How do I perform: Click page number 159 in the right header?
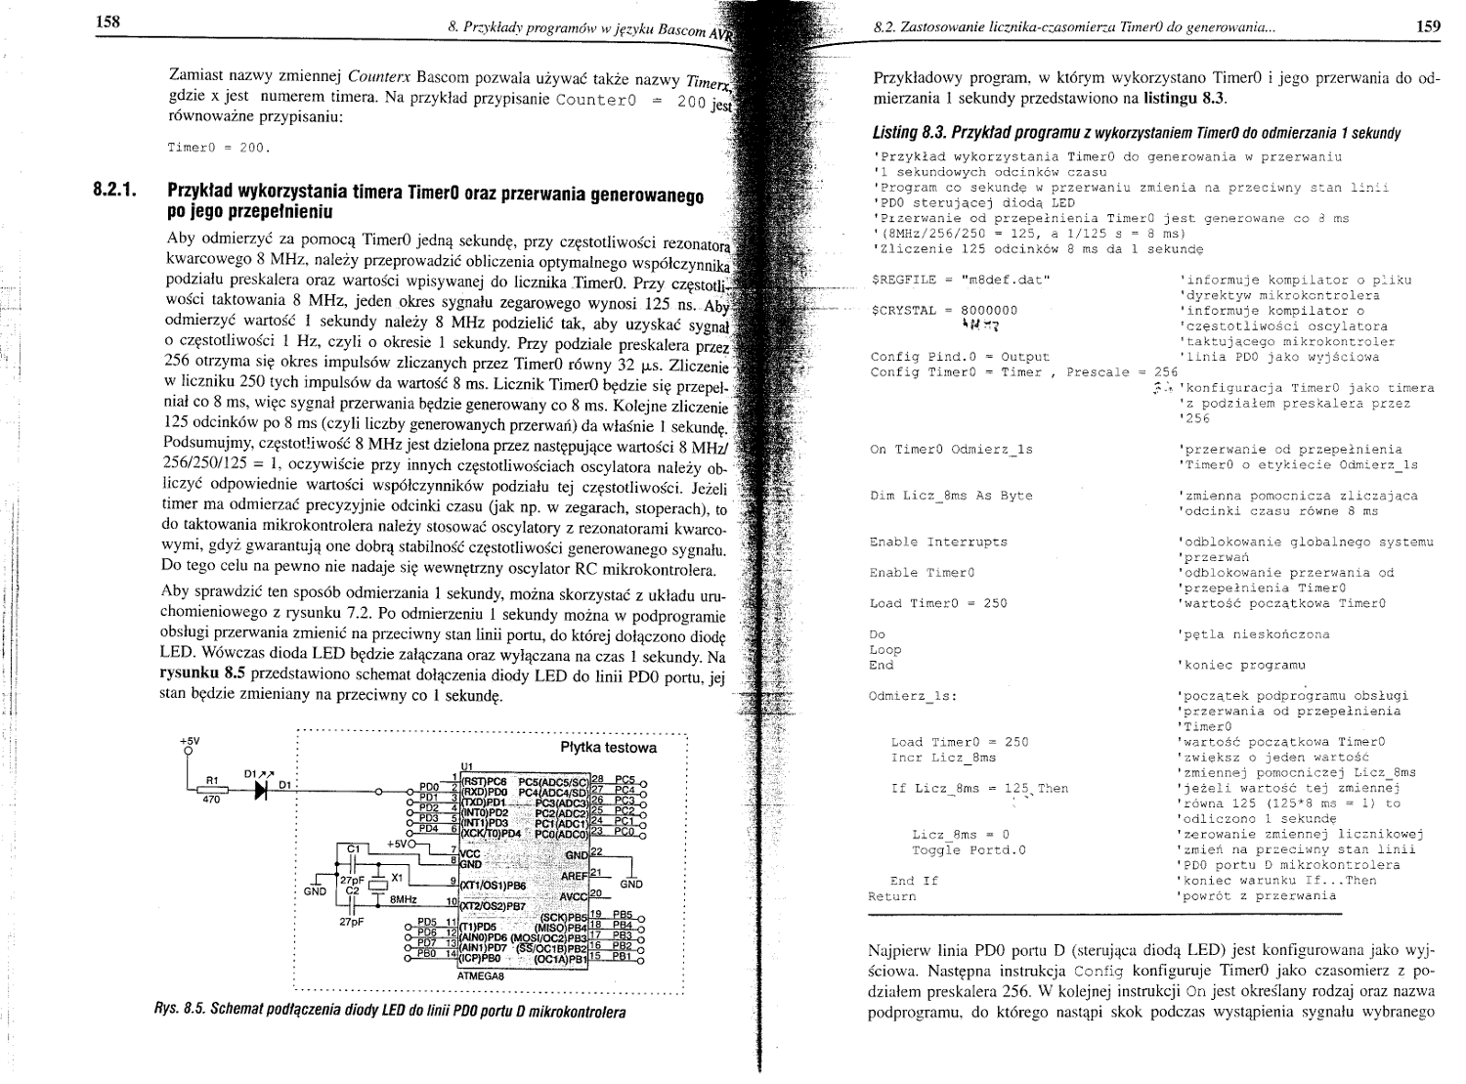1428,26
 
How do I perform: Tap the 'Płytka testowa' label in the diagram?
608,748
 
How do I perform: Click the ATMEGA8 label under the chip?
480,976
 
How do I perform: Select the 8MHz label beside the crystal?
404,898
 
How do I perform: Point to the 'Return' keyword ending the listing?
892,896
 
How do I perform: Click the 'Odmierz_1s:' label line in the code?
913,696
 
